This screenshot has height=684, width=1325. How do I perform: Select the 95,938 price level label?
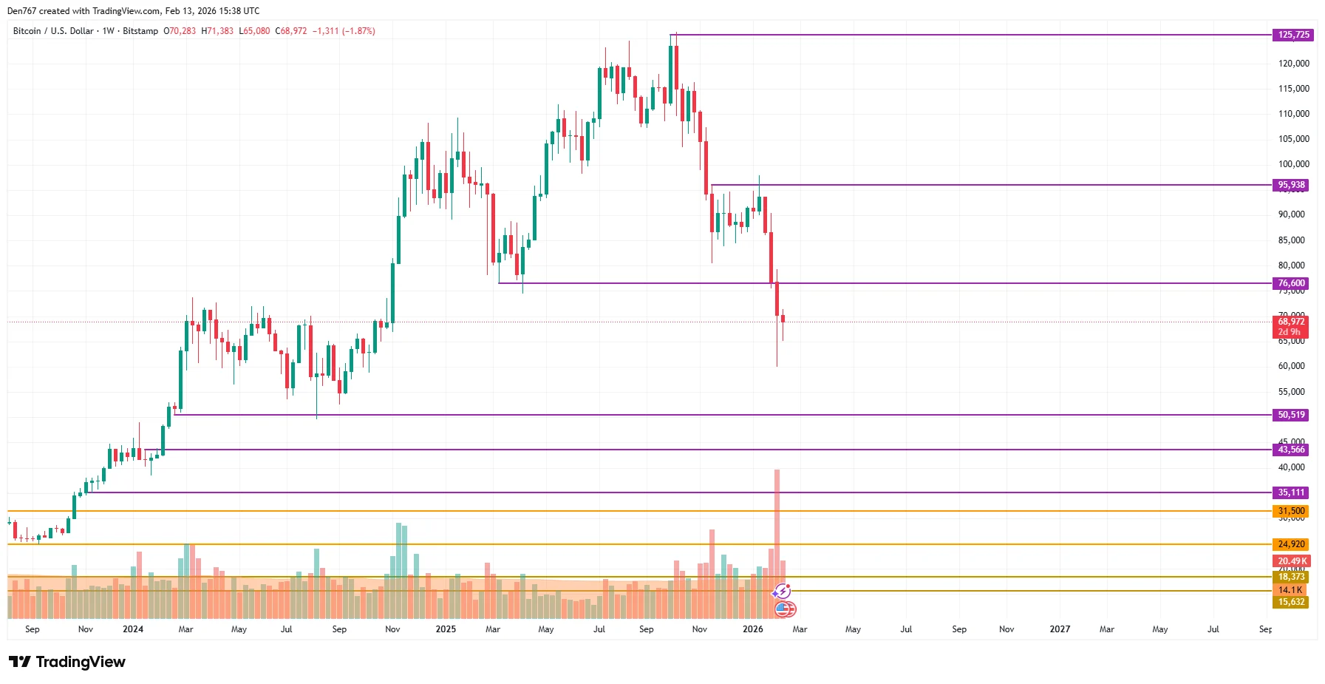pyautogui.click(x=1291, y=185)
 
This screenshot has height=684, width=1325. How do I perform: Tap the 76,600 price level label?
pyautogui.click(x=1291, y=283)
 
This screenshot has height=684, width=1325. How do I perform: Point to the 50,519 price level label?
pyautogui.click(x=1291, y=415)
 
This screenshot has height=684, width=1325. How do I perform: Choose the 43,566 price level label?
pyautogui.click(x=1291, y=450)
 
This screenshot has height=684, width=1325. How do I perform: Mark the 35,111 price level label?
pyautogui.click(x=1291, y=492)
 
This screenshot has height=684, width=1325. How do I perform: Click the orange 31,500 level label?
pyautogui.click(x=1291, y=511)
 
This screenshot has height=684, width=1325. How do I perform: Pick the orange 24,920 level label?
pyautogui.click(x=1291, y=544)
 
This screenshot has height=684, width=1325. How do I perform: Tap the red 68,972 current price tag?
pyautogui.click(x=1291, y=322)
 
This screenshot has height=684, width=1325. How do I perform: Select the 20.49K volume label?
pyautogui.click(x=1292, y=561)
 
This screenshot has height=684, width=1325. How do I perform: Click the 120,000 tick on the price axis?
pyautogui.click(x=1293, y=64)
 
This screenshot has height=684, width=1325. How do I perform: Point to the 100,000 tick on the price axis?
pyautogui.click(x=1293, y=164)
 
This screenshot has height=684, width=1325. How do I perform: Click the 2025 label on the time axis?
pyautogui.click(x=446, y=629)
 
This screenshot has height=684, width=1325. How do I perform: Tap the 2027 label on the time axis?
pyautogui.click(x=1060, y=629)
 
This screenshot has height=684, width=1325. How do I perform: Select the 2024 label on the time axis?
pyautogui.click(x=133, y=629)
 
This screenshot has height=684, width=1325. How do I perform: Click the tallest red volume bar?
pyautogui.click(x=777, y=518)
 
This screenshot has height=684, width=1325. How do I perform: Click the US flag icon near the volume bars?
pyautogui.click(x=785, y=609)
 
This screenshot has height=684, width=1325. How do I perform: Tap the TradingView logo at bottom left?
pyautogui.click(x=67, y=662)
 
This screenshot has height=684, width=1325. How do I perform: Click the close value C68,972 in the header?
pyautogui.click(x=291, y=31)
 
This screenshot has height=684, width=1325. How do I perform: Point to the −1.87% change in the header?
pyautogui.click(x=359, y=31)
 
